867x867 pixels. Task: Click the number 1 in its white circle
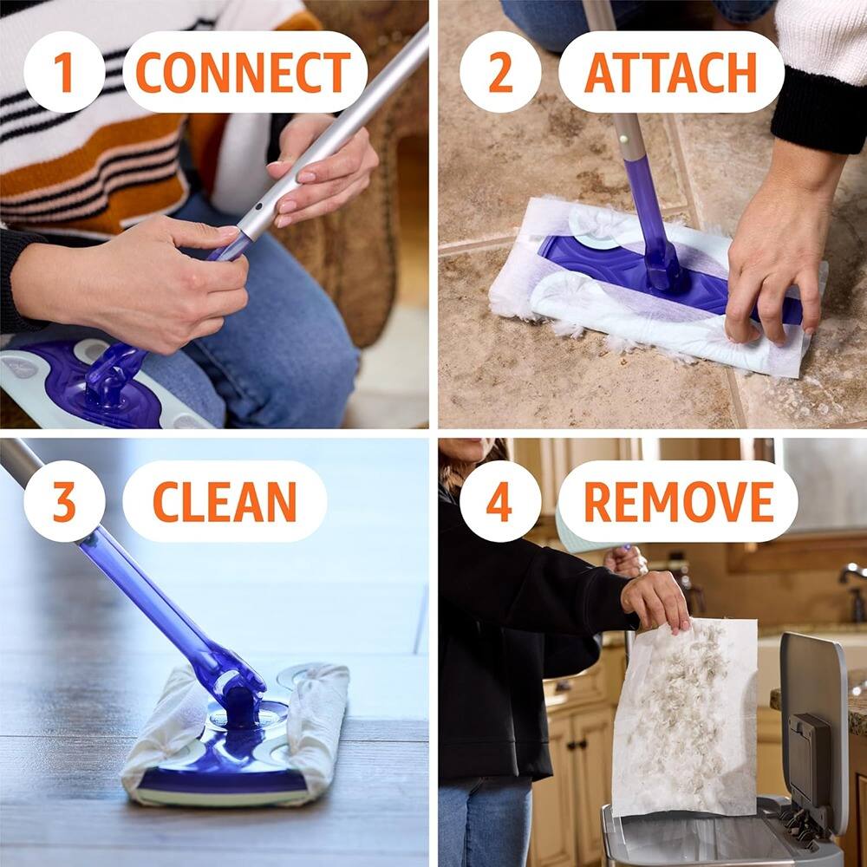point(64,72)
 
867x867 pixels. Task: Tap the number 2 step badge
point(500,72)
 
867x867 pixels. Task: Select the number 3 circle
point(64,501)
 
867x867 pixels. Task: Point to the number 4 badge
point(500,501)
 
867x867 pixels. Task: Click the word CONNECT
point(244,72)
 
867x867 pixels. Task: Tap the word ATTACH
point(670,72)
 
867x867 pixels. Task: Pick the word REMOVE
point(677,501)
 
